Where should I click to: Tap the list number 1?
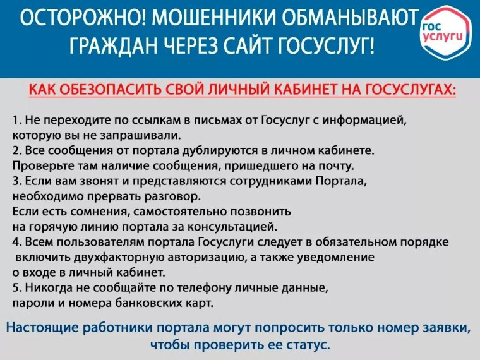click(x=15, y=119)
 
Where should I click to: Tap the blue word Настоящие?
click(x=45, y=328)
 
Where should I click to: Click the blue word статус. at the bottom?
click(x=308, y=345)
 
